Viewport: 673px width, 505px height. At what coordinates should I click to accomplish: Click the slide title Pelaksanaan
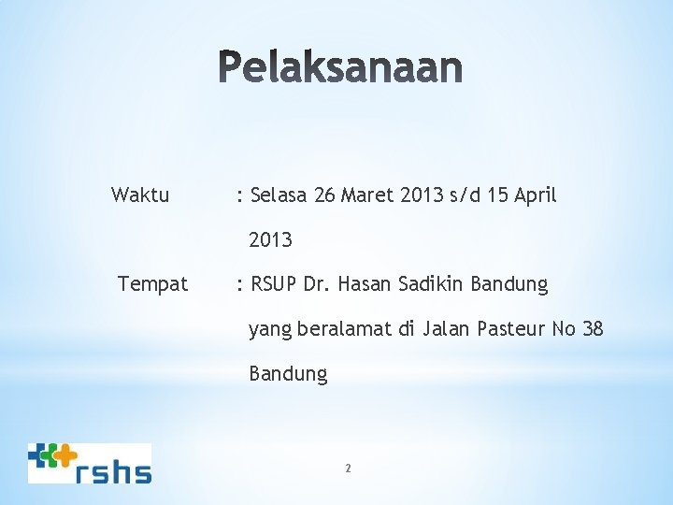pyautogui.click(x=342, y=68)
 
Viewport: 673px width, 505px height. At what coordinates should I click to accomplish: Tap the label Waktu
pyautogui.click(x=140, y=195)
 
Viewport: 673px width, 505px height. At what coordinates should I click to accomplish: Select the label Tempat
pyautogui.click(x=152, y=283)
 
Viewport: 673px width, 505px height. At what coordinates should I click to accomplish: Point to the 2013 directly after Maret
pyautogui.click(x=420, y=195)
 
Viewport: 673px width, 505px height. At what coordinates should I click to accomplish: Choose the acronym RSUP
pyautogui.click(x=274, y=283)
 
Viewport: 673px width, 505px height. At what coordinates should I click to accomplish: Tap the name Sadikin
pyautogui.click(x=436, y=283)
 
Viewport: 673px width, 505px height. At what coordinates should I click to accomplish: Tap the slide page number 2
pyautogui.click(x=348, y=468)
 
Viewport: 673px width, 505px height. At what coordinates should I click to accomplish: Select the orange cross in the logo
pyautogui.click(x=64, y=455)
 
